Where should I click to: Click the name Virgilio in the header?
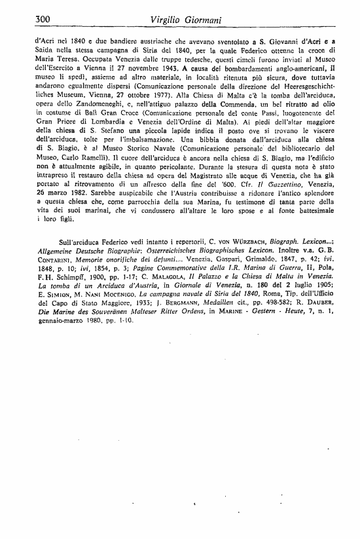171,21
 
